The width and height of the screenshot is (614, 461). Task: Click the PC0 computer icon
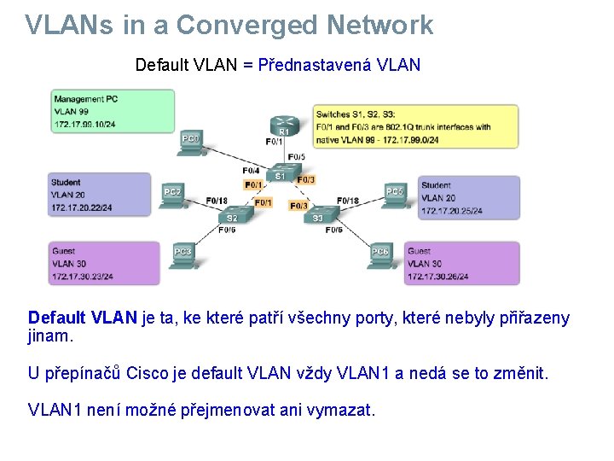pos(191,143)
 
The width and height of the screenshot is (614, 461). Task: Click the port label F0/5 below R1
pos(296,156)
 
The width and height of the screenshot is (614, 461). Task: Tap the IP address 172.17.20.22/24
pos(82,207)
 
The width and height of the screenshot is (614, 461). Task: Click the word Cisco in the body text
pos(148,373)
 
